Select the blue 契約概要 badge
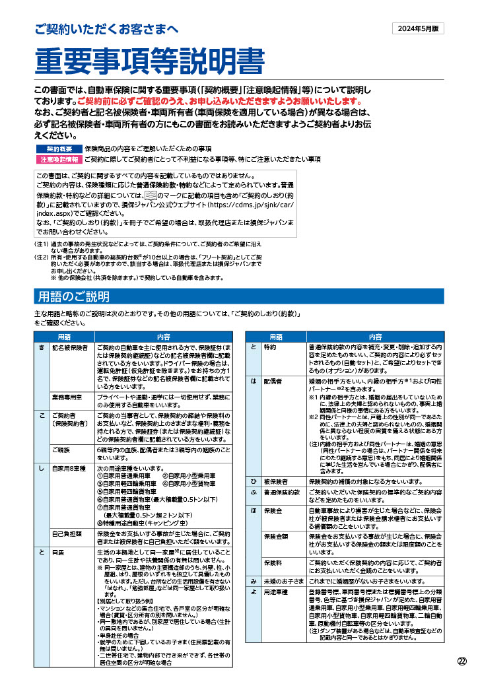click(x=58, y=149)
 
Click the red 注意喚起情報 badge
click(x=58, y=159)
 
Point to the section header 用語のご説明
click(x=74, y=296)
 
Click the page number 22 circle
click(x=462, y=661)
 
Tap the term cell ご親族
click(x=62, y=449)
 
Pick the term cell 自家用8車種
click(x=67, y=468)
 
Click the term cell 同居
click(x=58, y=552)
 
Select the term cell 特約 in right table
click(x=270, y=347)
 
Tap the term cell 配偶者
click(x=273, y=382)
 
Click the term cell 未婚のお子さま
click(x=283, y=580)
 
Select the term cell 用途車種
click(x=275, y=593)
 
